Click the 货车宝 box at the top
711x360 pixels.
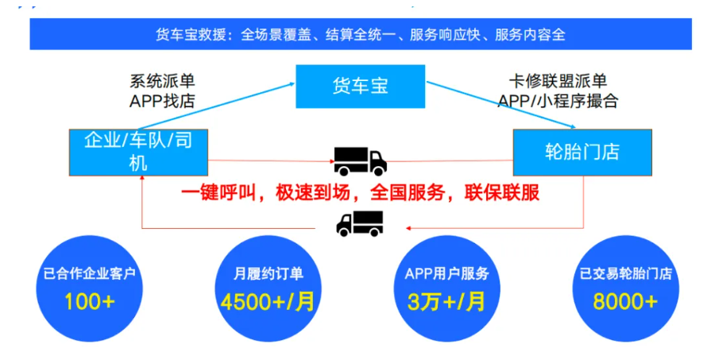point(360,86)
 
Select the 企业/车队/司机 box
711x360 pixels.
point(137,151)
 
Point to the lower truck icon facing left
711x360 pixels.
point(359,223)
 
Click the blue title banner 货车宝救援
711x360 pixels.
point(360,35)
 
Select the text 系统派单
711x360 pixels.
point(162,81)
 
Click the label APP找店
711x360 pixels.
point(162,101)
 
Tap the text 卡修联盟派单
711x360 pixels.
point(558,81)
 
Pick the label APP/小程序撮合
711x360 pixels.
point(558,101)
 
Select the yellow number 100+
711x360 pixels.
point(90,302)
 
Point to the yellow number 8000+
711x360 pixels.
point(625,302)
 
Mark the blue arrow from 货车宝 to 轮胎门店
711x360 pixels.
point(500,103)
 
